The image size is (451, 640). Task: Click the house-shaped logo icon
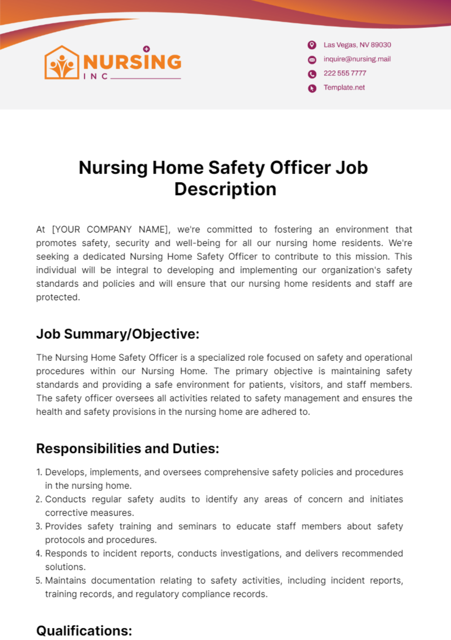tap(62, 62)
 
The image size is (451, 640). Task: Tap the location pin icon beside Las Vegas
tap(312, 45)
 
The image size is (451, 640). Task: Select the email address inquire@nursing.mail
tap(357, 59)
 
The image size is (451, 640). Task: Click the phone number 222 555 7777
tap(345, 73)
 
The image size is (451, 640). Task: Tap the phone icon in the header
tap(312, 74)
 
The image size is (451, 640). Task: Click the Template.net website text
tap(344, 88)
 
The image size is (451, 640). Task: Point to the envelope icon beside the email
tap(312, 59)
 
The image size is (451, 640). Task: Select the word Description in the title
tap(225, 189)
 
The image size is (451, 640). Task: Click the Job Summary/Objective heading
tap(118, 334)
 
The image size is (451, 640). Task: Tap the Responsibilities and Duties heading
tap(127, 448)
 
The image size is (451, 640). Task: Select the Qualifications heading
tap(84, 631)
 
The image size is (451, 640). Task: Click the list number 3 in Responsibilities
tap(39, 526)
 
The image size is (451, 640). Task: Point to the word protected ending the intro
tap(58, 297)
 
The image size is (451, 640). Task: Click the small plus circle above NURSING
tap(147, 49)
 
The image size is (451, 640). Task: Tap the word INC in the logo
tap(96, 76)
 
